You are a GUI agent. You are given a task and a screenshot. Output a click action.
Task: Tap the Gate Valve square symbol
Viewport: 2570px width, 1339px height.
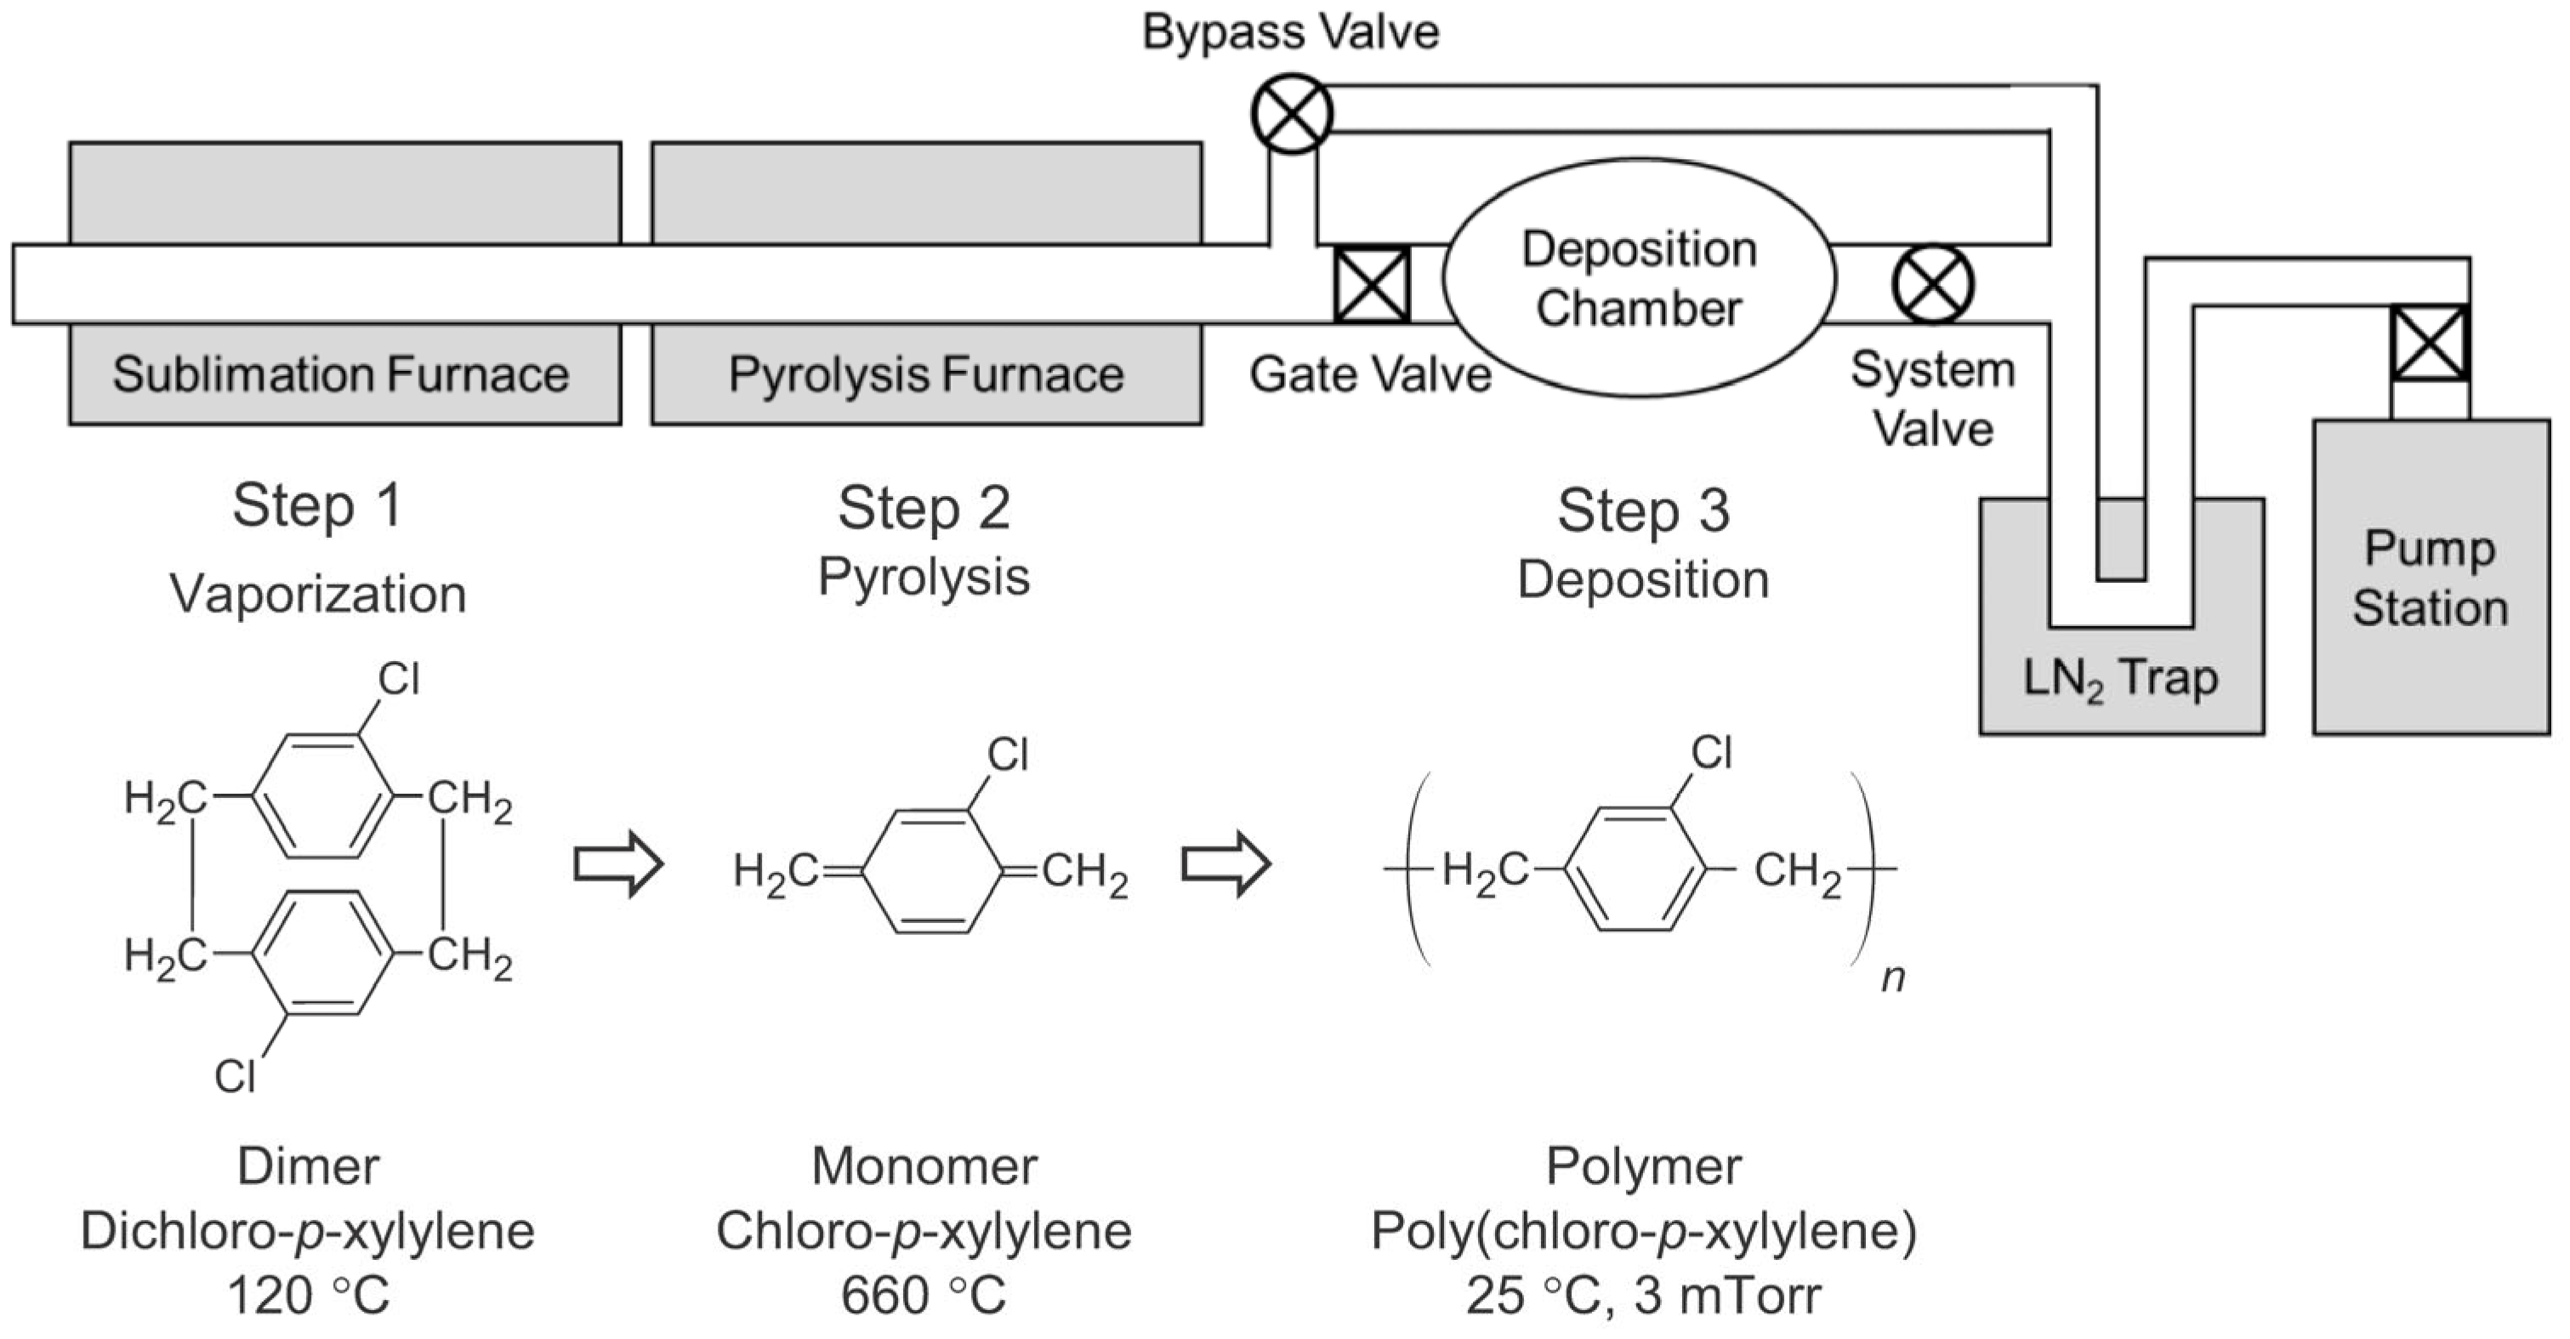[x=1372, y=285]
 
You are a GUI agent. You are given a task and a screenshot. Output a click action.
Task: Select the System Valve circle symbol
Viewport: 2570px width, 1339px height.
[x=1932, y=284]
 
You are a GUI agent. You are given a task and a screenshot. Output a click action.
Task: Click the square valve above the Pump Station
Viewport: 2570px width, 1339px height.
[x=2431, y=343]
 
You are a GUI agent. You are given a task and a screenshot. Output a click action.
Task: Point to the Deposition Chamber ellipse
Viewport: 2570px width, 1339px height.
[x=1638, y=278]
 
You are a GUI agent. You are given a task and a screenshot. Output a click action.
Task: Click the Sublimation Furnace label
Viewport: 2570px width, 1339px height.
[x=340, y=375]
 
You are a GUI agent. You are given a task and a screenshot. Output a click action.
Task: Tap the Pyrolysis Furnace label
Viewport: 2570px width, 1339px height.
[x=926, y=375]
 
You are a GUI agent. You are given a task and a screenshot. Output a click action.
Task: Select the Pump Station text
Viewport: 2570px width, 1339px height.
[x=2430, y=578]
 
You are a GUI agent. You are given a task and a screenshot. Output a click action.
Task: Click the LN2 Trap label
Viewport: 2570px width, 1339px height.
[x=2120, y=679]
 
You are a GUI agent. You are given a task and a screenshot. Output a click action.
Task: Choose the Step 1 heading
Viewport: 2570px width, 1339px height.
[x=317, y=506]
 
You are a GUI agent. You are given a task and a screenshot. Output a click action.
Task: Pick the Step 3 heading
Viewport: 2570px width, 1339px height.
[x=1642, y=511]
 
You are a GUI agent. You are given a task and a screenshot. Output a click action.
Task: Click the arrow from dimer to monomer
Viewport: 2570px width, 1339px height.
[x=618, y=864]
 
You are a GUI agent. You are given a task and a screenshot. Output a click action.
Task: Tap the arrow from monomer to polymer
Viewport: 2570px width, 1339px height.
[x=1226, y=864]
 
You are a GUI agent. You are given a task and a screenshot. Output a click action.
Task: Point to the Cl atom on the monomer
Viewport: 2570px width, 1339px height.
[x=1007, y=755]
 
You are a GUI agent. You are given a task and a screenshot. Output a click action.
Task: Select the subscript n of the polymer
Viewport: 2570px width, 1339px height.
[x=1892, y=977]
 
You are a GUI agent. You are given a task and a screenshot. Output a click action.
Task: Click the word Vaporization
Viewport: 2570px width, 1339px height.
[x=317, y=594]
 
